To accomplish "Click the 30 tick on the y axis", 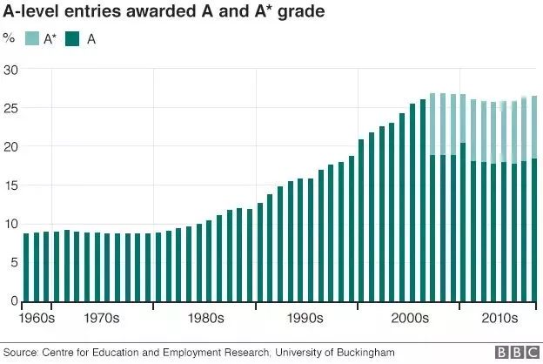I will tap(10, 70).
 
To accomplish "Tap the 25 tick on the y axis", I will tap(10, 108).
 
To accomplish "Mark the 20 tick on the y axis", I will tap(10, 147).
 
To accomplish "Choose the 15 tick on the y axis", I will tap(10, 185).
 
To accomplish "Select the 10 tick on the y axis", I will tap(10, 224).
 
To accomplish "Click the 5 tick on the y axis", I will tap(13, 263).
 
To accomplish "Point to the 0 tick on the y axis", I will tap(13, 301).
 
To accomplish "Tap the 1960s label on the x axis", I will tap(37, 318).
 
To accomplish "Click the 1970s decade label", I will tap(102, 318).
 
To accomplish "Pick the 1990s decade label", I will tap(306, 318).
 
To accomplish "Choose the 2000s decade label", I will tap(409, 318).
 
